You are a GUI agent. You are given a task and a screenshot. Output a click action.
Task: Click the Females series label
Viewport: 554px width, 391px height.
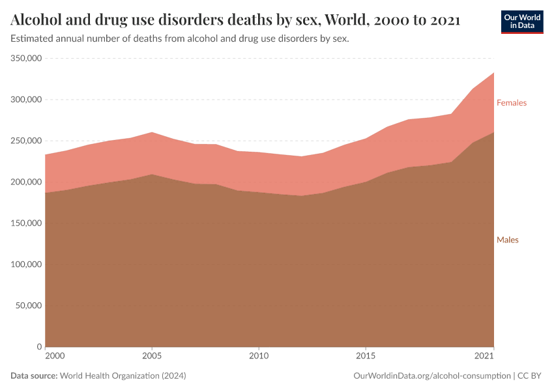511,103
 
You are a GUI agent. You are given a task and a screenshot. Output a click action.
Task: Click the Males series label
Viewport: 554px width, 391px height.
507,240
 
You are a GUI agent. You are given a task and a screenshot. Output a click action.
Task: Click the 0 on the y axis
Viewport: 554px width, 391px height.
40,347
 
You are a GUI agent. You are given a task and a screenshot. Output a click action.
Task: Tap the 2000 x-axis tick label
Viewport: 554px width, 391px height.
55,356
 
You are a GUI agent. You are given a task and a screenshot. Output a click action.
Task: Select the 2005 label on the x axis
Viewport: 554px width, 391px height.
152,356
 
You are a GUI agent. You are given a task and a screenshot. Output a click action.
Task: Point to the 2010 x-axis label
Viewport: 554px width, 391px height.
259,356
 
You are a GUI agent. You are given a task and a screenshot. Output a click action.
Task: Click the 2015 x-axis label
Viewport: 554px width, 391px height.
366,356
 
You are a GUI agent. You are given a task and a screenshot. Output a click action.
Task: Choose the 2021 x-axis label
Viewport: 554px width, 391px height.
484,356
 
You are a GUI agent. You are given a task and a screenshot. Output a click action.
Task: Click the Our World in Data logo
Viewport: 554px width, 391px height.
522,22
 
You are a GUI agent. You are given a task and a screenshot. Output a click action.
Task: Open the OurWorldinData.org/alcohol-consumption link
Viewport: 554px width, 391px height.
431,376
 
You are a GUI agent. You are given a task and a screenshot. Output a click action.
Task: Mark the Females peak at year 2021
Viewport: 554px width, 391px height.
493,73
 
